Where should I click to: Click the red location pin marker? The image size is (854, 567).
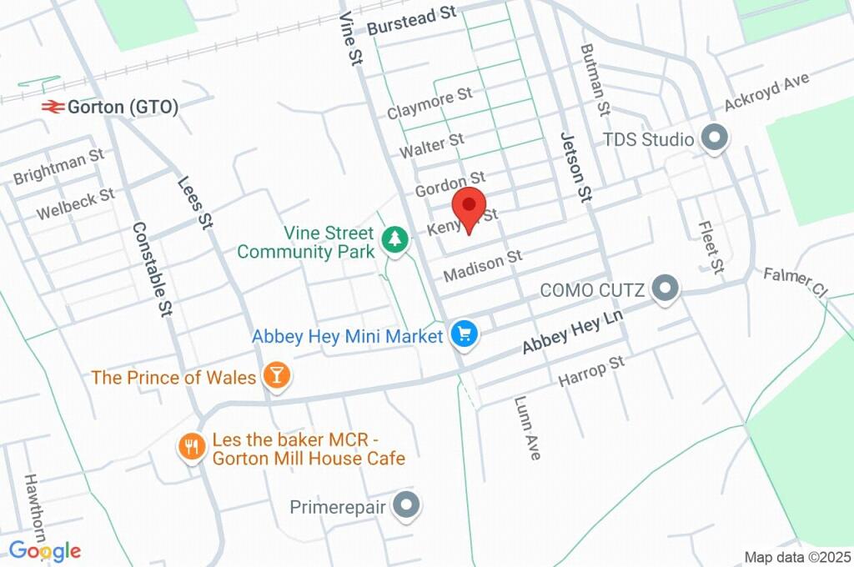(469, 205)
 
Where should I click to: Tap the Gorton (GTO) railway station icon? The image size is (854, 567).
(53, 107)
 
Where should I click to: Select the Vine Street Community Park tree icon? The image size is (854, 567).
(394, 240)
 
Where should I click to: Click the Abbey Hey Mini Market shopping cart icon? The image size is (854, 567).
(464, 335)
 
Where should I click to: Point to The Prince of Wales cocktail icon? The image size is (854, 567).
(276, 377)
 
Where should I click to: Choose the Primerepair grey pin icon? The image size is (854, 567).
(407, 505)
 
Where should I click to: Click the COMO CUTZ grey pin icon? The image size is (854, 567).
(665, 289)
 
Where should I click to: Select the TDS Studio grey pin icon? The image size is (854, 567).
(713, 138)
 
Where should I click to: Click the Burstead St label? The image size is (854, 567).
(413, 20)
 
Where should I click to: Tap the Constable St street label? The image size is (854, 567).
(152, 268)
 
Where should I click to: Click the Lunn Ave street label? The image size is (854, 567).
(528, 427)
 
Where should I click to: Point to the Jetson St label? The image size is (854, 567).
(575, 167)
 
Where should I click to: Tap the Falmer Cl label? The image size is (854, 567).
(795, 282)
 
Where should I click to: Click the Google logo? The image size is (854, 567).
(45, 551)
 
